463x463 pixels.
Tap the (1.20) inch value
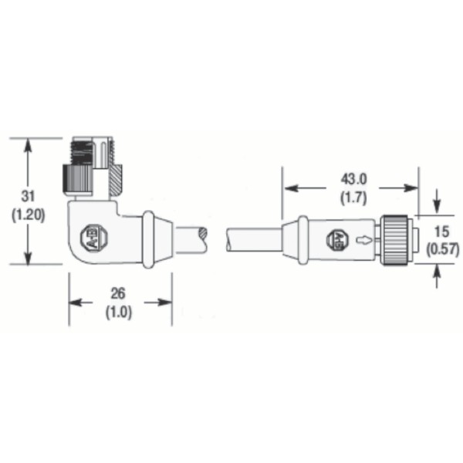tap(29, 215)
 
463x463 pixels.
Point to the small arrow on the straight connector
tap(363, 239)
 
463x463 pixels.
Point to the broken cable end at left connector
tap(202, 238)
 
